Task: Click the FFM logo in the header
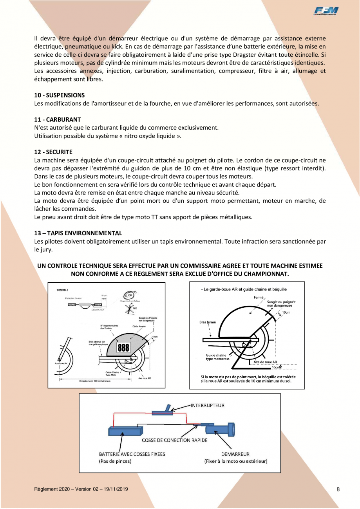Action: pyautogui.click(x=326, y=12)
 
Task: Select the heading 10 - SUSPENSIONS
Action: pyautogui.click(x=60, y=95)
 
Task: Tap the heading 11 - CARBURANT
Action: pyautogui.click(x=58, y=119)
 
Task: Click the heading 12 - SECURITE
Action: pyautogui.click(x=53, y=152)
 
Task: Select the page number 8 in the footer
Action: pyautogui.click(x=338, y=489)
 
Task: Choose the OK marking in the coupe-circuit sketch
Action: pyautogui.click(x=130, y=295)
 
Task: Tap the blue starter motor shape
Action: pyautogui.click(x=221, y=429)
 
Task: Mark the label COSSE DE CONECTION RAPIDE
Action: pyautogui.click(x=174, y=440)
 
